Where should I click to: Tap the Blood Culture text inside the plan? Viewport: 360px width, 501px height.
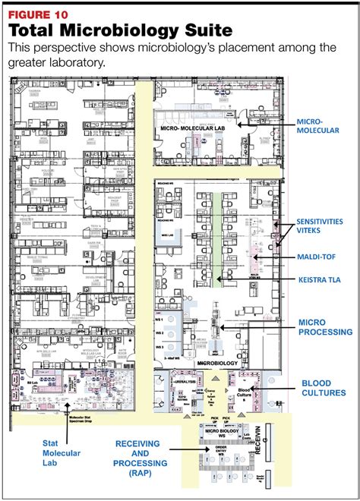click(260, 392)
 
